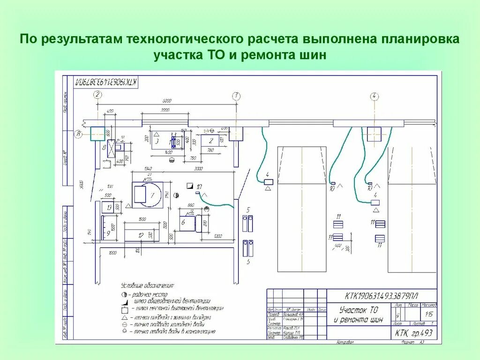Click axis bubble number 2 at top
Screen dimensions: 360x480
[97, 96]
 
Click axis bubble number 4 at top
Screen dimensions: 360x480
[374, 97]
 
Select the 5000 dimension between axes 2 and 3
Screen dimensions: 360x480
[167, 101]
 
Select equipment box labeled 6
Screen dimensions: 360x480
[187, 223]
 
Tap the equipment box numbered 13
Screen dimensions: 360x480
[109, 207]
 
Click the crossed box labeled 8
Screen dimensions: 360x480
[111, 148]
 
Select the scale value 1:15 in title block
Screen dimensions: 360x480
[428, 315]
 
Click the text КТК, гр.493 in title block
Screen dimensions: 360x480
[413, 333]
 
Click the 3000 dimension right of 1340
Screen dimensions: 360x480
[199, 169]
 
